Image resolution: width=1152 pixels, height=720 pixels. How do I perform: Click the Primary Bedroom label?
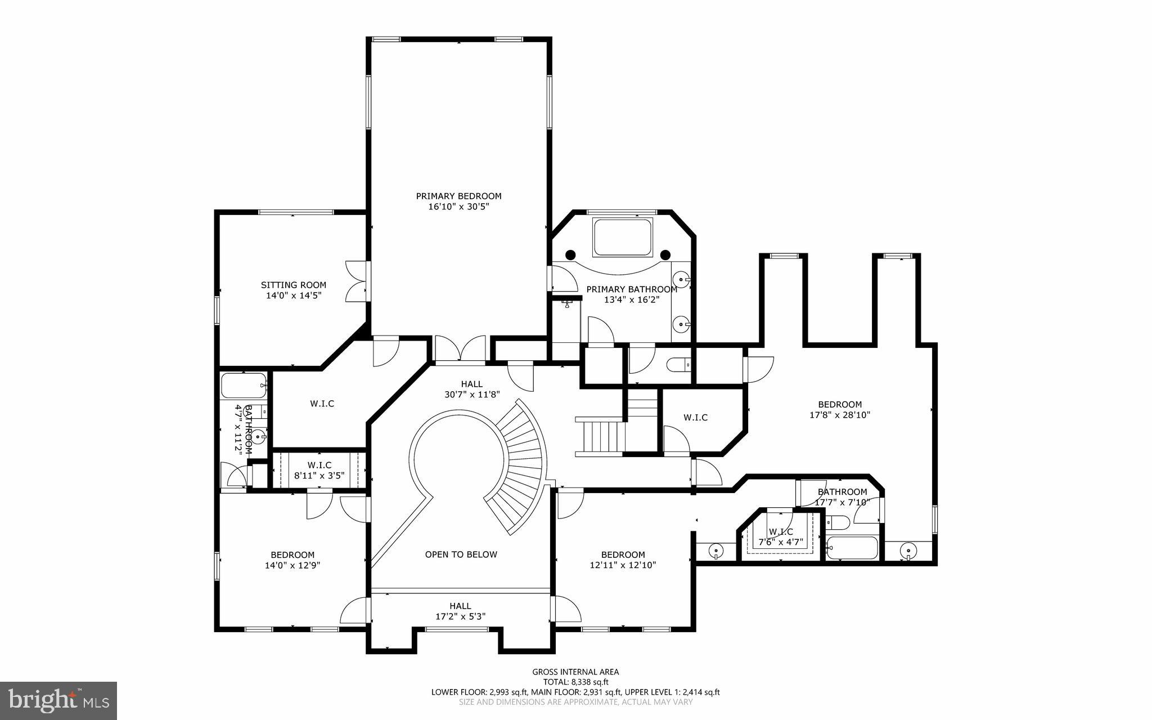458,196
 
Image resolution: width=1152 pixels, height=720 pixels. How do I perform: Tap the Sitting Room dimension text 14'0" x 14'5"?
294,295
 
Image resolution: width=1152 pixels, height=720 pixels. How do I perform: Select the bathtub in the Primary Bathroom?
623,238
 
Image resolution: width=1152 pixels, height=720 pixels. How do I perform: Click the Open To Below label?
461,554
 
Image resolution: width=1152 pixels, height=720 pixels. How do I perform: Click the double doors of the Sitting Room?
356,283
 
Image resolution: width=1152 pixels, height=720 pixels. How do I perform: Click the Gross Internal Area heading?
575,672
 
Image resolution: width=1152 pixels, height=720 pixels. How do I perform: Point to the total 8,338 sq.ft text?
575,682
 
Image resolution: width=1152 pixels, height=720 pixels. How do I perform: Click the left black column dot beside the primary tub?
571,254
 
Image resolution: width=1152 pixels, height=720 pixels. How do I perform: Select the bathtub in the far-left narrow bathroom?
243,386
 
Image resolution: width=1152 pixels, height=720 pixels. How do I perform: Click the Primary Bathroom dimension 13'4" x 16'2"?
631,300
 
